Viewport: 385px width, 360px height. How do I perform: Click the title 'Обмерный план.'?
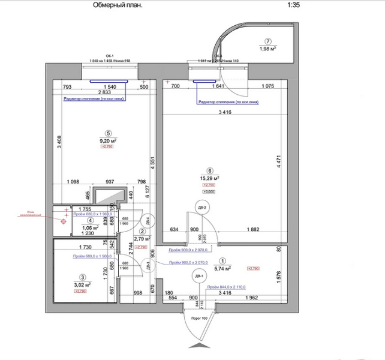click(118, 5)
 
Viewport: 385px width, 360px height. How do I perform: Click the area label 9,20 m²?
click(108, 141)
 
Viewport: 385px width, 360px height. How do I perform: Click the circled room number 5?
click(108, 134)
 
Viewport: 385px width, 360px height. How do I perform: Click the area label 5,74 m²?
click(223, 268)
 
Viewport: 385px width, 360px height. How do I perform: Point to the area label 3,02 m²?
click(82, 285)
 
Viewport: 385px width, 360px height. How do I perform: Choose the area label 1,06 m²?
click(89, 228)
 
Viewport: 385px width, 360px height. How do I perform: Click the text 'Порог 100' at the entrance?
click(198, 318)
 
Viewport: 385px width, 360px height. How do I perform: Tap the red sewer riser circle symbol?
click(63, 220)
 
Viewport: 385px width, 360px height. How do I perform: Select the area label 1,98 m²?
click(265, 49)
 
